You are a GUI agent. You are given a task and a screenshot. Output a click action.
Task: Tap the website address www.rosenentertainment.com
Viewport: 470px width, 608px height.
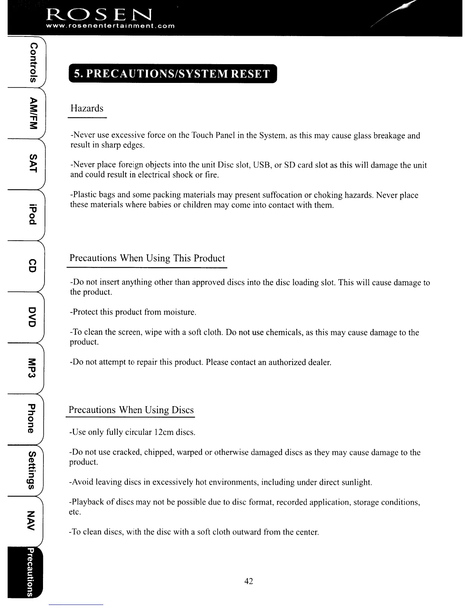(110, 26)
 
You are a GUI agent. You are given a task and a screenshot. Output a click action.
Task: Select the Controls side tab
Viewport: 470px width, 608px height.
(34, 61)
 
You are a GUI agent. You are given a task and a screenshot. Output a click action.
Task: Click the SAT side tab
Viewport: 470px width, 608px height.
(34, 164)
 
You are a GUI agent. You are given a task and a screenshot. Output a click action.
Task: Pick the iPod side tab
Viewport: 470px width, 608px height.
(34, 213)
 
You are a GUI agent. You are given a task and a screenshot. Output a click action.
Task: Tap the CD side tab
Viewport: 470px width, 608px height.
(34, 265)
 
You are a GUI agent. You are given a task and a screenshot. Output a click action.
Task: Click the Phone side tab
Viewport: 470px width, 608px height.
(34, 418)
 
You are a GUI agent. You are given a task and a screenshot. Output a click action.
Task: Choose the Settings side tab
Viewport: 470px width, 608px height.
(34, 470)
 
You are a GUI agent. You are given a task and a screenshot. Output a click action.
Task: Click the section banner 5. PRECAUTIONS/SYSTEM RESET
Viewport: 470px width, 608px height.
(172, 74)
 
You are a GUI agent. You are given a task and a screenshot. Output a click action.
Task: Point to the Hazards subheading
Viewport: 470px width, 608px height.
(87, 108)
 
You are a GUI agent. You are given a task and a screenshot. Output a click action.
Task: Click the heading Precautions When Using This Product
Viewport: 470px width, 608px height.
(147, 258)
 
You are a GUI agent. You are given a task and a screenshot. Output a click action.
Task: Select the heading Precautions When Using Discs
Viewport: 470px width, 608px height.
(131, 410)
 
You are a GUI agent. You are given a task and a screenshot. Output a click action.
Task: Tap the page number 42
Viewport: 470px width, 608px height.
(248, 581)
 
